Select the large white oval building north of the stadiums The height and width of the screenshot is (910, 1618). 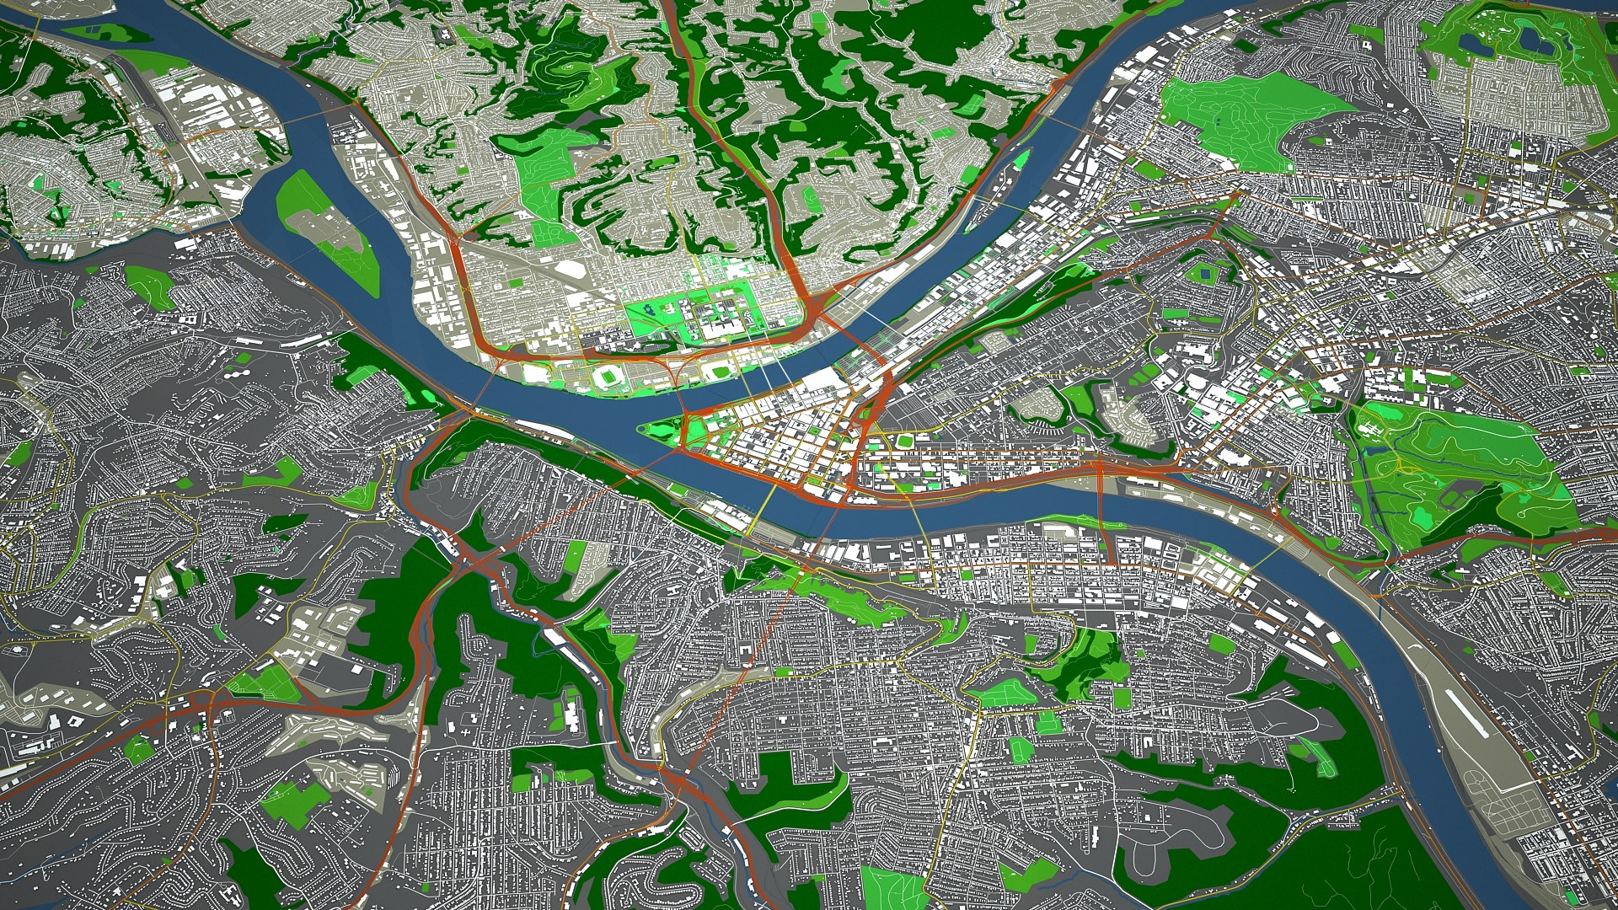coord(572,269)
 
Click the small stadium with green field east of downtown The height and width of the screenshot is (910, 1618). coord(904,441)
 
